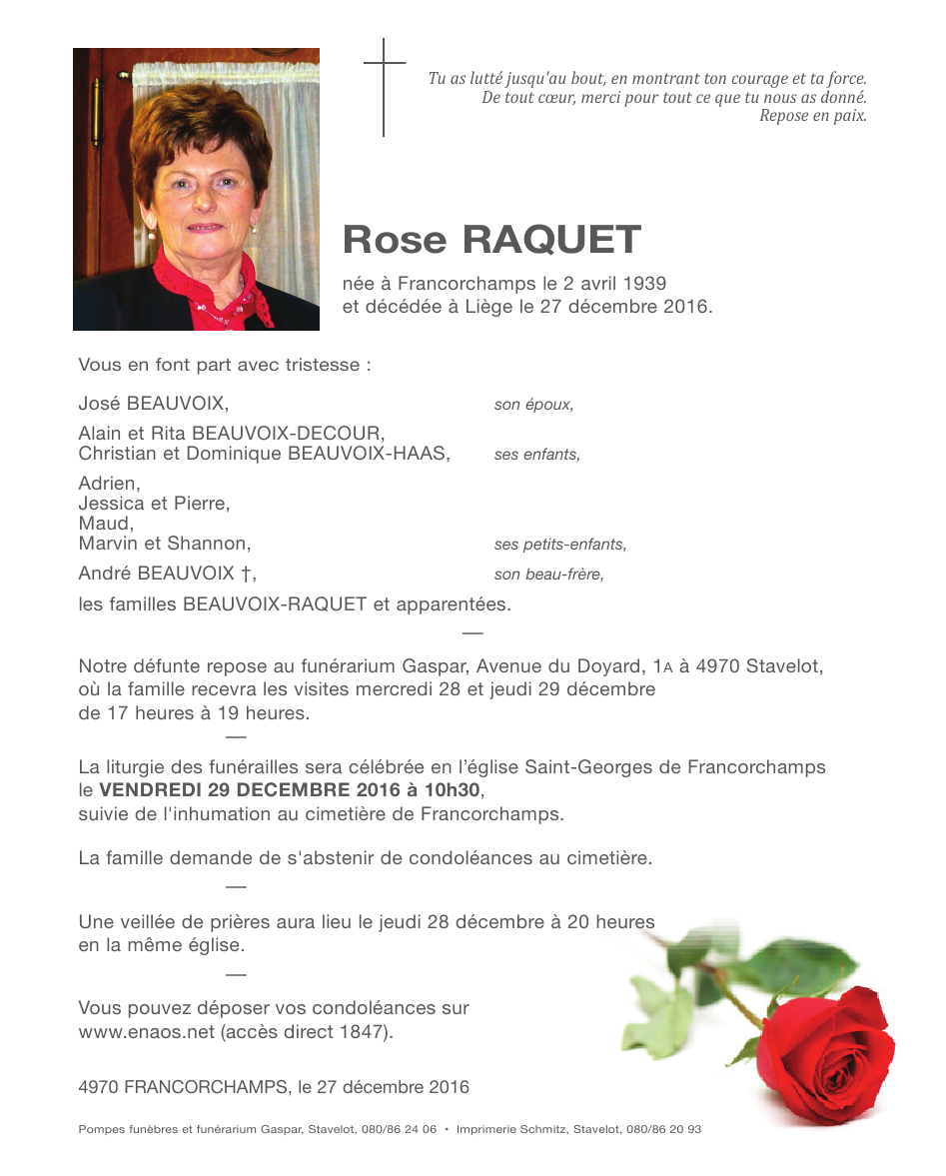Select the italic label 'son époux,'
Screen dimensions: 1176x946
click(x=533, y=405)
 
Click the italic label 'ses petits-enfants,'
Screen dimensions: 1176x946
click(x=560, y=545)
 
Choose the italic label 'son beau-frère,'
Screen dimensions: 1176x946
click(x=549, y=575)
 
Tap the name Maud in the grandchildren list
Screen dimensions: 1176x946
click(x=103, y=524)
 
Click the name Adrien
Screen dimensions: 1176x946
click(x=108, y=484)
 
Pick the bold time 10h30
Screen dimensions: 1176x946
click(x=457, y=790)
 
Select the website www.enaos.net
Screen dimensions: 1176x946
click(x=147, y=1032)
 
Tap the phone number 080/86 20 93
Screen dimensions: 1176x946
click(x=663, y=1129)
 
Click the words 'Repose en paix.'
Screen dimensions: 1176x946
click(x=812, y=116)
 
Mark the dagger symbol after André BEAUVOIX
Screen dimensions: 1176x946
click(x=245, y=575)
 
